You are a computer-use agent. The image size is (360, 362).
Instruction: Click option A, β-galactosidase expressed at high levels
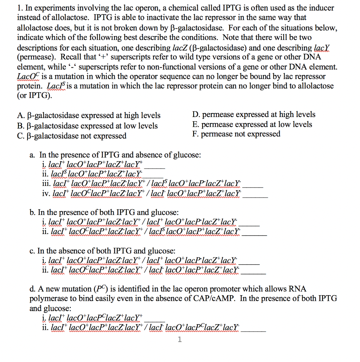(88, 116)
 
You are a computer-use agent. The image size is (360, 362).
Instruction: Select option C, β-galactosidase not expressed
(72, 136)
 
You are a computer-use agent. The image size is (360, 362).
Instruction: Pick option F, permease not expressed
(236, 134)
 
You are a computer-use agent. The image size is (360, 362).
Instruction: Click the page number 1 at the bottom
(180, 340)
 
